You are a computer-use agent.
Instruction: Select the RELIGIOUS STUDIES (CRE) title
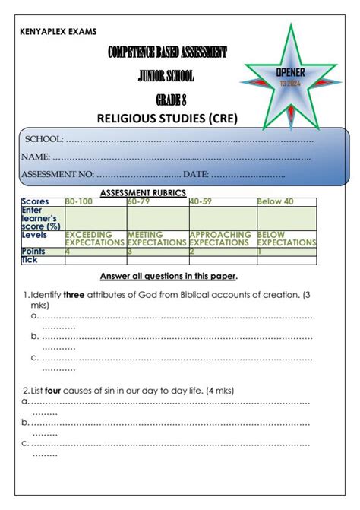(x=167, y=118)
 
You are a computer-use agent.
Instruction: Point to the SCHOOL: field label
(x=45, y=140)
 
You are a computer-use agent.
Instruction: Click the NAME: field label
(x=36, y=157)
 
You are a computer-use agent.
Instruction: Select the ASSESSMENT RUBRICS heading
(x=143, y=193)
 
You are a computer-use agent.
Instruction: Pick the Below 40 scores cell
(x=275, y=202)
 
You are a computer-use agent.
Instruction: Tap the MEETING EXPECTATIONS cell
(x=156, y=239)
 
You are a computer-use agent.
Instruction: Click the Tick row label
(x=30, y=260)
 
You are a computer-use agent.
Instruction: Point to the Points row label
(x=33, y=251)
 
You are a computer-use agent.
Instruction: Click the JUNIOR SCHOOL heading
(x=166, y=76)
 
